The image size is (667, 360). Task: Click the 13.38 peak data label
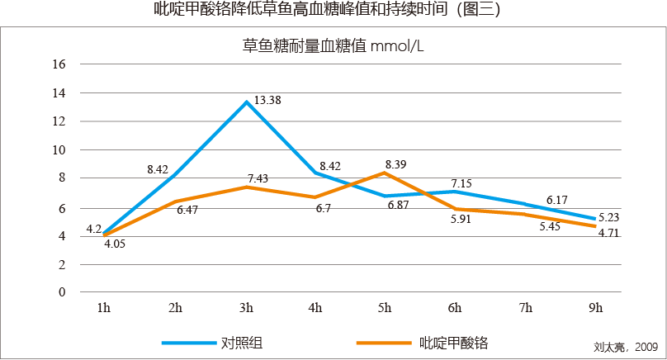point(267,101)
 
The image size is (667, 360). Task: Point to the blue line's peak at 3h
point(246,102)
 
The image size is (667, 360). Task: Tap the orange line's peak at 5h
point(385,173)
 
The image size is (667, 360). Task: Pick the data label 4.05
point(115,244)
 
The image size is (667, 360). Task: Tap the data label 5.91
point(461,219)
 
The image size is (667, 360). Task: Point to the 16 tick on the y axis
point(59,64)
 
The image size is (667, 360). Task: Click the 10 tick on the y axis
point(59,150)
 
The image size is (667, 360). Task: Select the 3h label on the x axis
point(246,308)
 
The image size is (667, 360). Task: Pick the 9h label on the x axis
point(596,308)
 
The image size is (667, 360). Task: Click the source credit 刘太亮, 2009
point(625,348)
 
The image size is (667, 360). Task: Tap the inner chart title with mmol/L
point(333,47)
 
